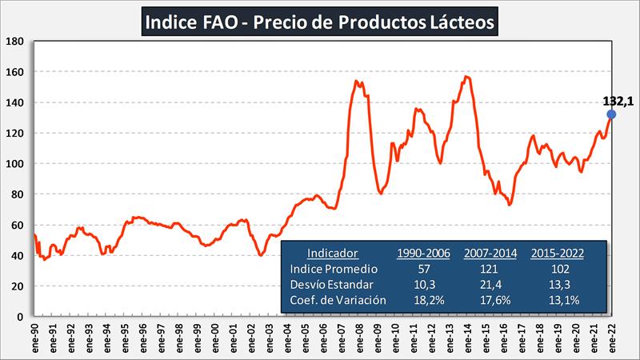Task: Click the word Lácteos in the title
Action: click(462, 21)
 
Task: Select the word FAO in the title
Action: click(216, 21)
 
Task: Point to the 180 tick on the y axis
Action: click(15, 42)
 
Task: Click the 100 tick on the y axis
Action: click(15, 164)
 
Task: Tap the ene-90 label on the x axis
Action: click(35, 337)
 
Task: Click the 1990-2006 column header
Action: click(424, 253)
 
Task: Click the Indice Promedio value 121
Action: click(490, 269)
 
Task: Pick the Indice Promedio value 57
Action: click(424, 269)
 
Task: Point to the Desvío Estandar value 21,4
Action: click(490, 284)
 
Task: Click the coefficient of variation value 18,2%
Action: click(424, 300)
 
